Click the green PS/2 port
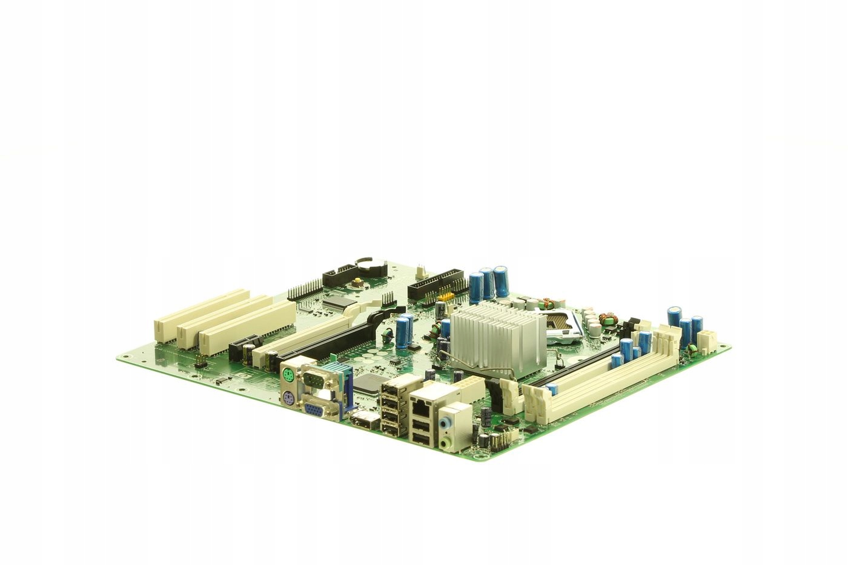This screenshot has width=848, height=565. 290,376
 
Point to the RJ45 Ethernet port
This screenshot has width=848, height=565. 419,405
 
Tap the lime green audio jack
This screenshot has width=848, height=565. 447,444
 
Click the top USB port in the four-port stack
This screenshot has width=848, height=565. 389,387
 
